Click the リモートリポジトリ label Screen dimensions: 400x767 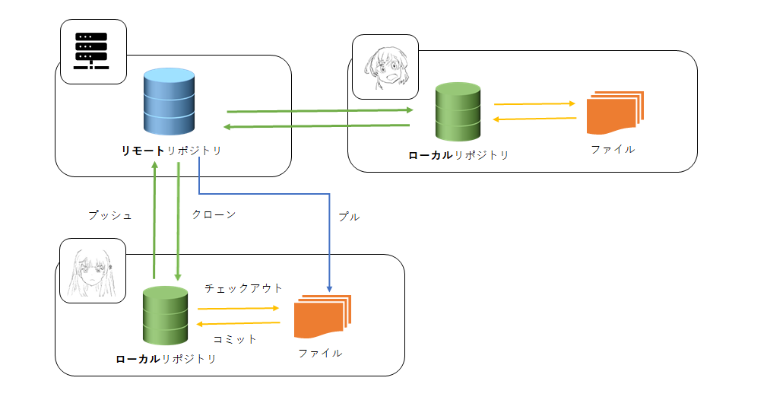click(172, 151)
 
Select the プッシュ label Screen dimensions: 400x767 click(110, 215)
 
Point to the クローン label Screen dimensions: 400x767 click(214, 214)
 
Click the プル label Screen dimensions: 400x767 click(348, 217)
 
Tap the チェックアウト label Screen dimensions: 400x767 click(243, 288)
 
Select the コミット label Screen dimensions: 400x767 click(235, 339)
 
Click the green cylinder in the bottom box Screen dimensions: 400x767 click(166, 316)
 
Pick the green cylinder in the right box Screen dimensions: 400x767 click(458, 113)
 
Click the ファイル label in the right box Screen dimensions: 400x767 click(613, 149)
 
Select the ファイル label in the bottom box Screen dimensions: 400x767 click(320, 353)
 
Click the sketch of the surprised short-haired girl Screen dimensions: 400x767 click(385, 67)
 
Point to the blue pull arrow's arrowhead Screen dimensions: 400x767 click(329, 288)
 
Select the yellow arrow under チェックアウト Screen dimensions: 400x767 click(239, 308)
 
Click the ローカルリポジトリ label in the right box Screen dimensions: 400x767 click(458, 155)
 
